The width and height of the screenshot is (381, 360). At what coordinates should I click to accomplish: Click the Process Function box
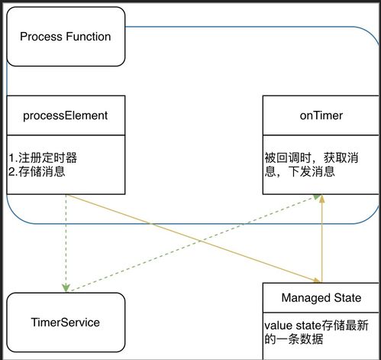(65, 36)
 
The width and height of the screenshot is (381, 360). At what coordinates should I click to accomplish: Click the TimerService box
(66, 322)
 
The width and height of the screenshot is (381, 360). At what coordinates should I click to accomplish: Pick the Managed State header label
(321, 297)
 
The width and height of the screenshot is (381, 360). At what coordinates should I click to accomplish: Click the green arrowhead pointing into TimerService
(66, 288)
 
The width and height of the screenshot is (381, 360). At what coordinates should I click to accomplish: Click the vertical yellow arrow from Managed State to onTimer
(322, 241)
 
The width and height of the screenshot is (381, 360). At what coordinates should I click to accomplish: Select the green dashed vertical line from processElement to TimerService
(66, 241)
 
